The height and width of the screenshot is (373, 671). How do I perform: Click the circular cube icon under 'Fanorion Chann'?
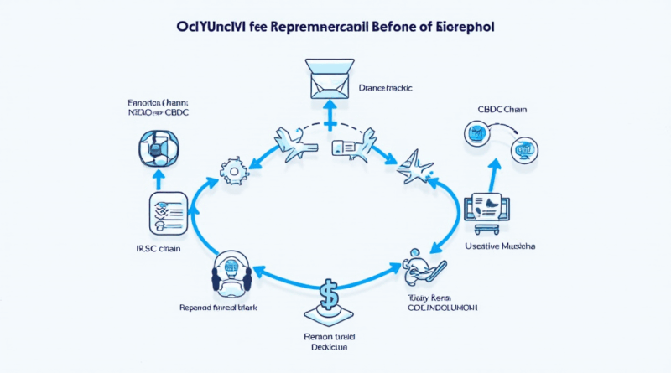click(x=159, y=148)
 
